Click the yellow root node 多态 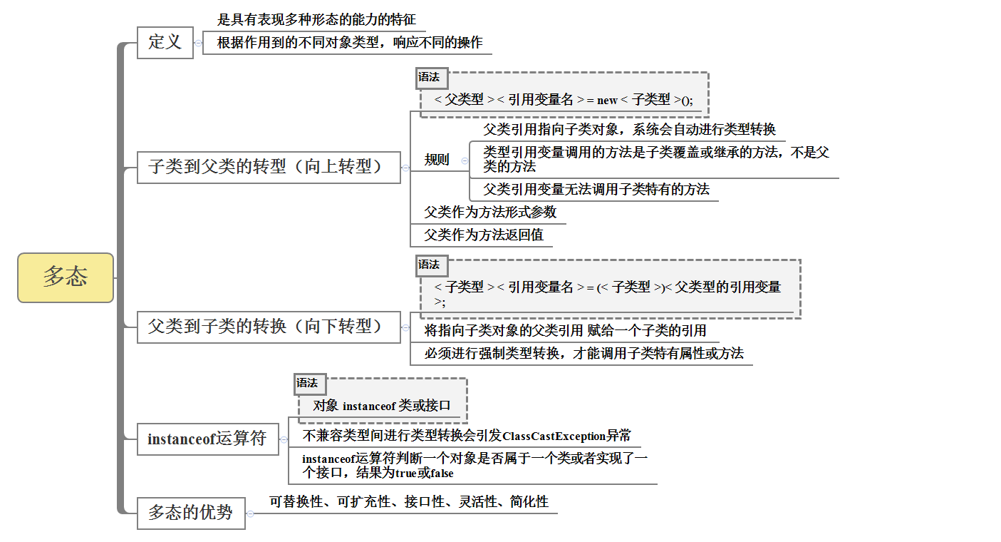tap(66, 277)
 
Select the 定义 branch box tap(165, 42)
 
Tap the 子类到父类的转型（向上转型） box tap(269, 168)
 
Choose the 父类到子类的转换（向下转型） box tap(269, 327)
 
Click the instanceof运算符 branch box tap(207, 439)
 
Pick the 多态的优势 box tap(191, 513)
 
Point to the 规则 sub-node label tap(437, 160)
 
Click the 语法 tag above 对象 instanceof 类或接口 tap(308, 384)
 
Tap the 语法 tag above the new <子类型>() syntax tap(429, 77)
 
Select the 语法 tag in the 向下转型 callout tap(429, 265)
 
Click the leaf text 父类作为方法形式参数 tap(490, 213)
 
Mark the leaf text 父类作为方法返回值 tap(484, 235)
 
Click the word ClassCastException tap(554, 436)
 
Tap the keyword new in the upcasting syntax tap(607, 101)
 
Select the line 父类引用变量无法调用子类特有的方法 tap(596, 190)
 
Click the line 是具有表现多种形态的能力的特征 tap(316, 20)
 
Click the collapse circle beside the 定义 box tap(198, 43)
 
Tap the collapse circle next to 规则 tap(465, 161)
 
